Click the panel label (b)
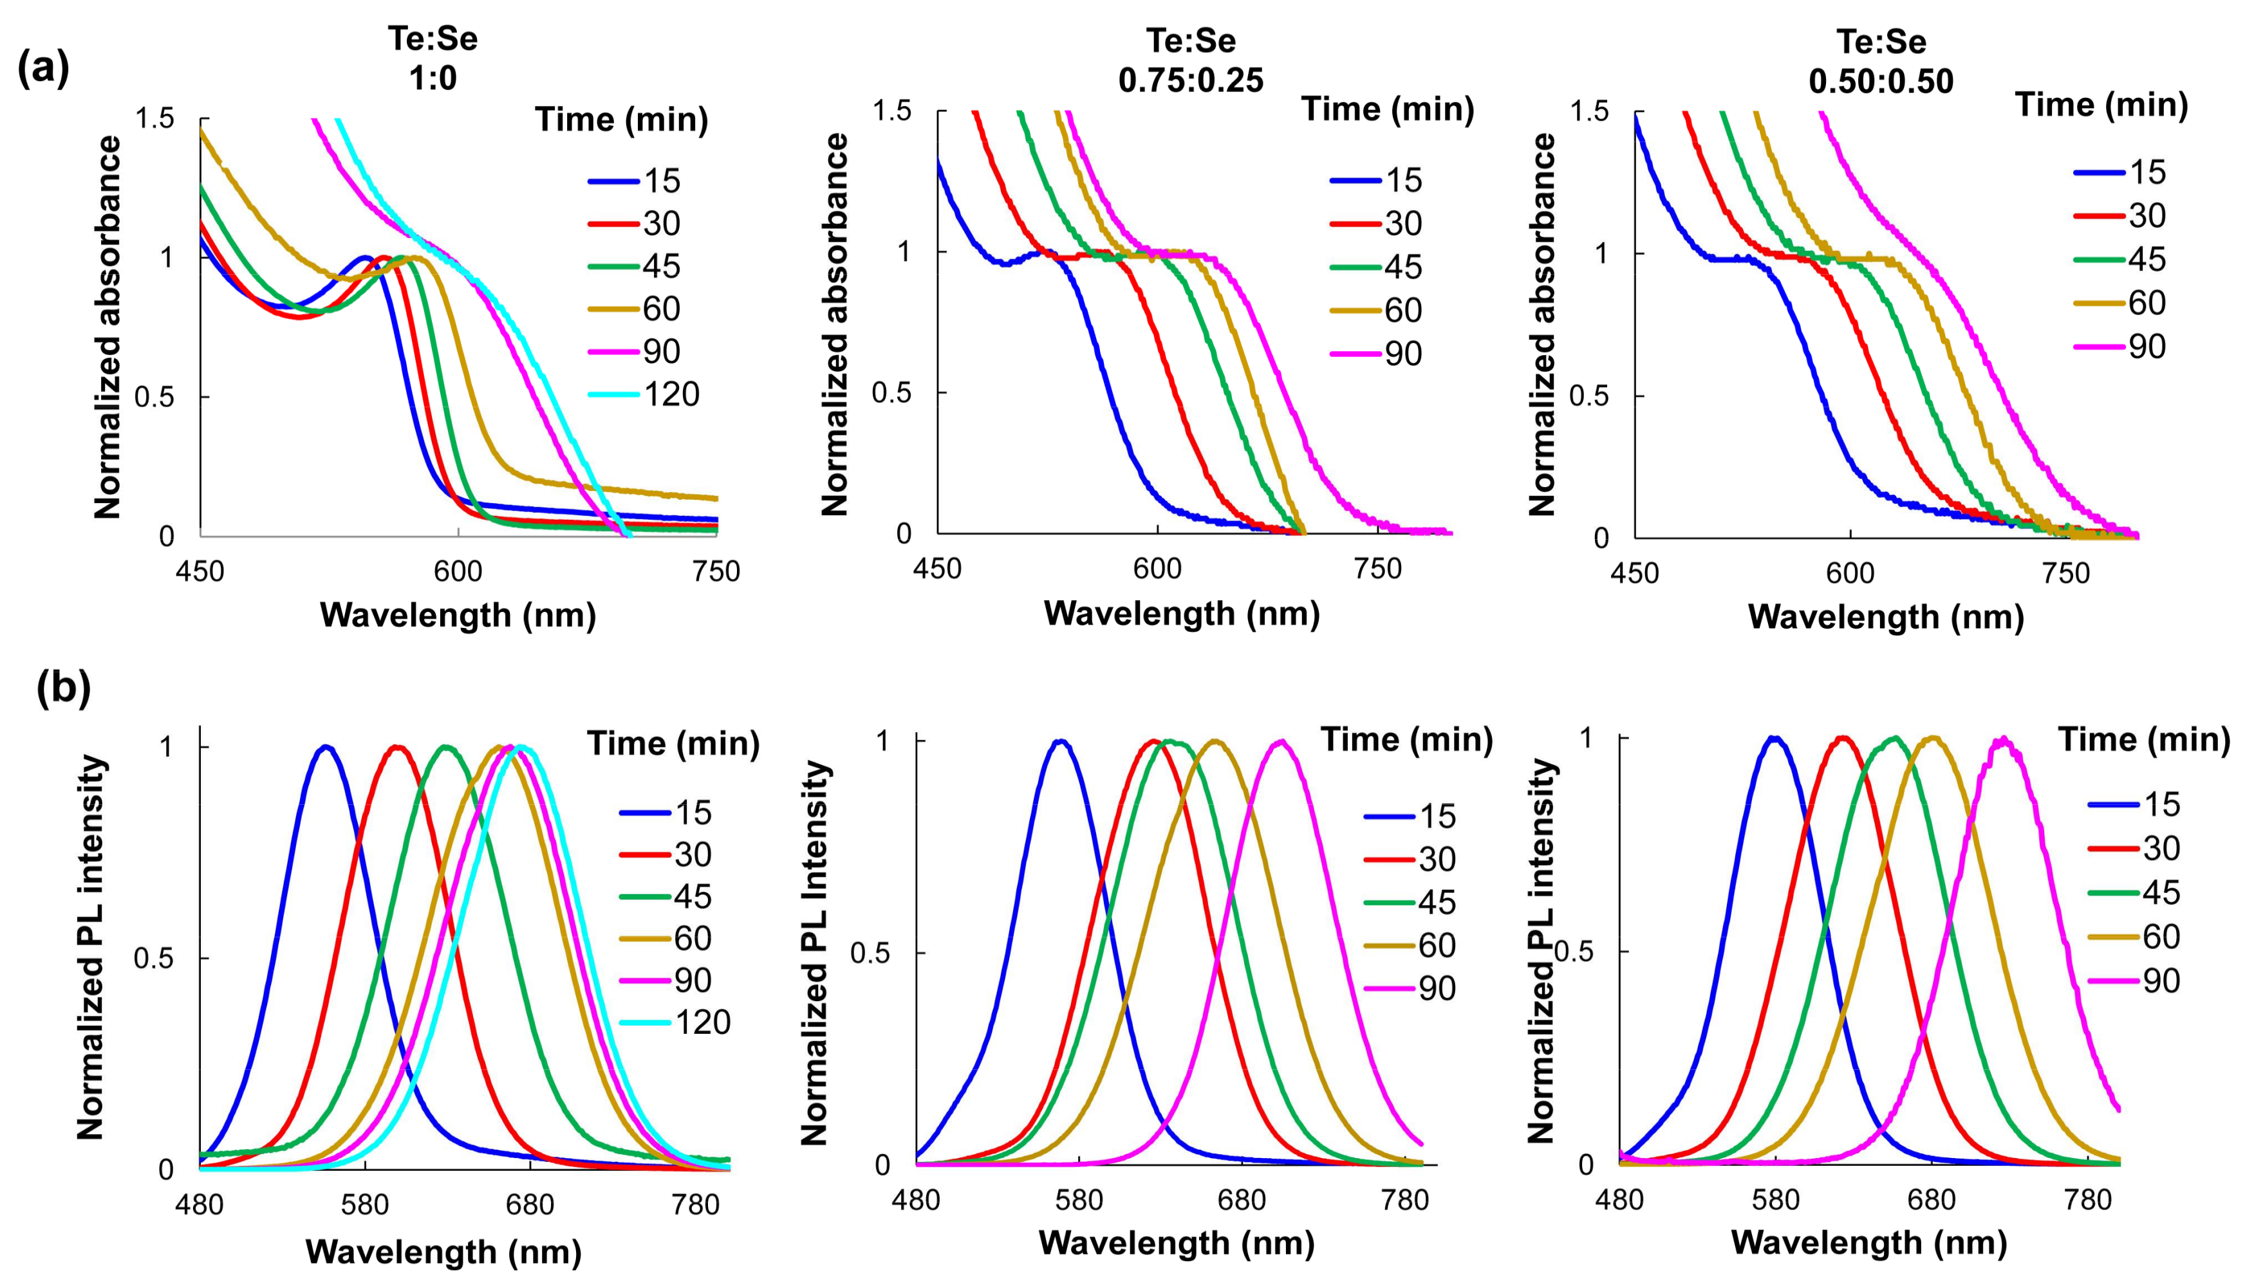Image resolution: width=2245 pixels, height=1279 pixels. coord(63,688)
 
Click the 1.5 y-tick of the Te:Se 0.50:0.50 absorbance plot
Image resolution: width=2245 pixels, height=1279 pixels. coord(1588,111)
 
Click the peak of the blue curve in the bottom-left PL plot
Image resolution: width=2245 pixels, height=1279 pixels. coord(326,747)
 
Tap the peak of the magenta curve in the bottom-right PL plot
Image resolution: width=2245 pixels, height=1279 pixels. coord(2004,740)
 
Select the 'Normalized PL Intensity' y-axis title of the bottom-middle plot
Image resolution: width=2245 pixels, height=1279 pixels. coord(815,953)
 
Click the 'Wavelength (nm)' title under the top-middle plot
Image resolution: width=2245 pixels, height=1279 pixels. coord(1182,613)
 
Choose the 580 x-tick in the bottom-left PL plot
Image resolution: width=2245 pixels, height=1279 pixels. coord(365,1204)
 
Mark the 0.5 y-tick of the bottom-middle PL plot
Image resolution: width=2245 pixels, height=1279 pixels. coord(870,953)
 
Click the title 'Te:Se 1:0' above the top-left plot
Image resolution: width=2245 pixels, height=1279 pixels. coord(433,60)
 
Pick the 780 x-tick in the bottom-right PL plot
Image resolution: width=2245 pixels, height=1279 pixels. coord(2088,1200)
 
